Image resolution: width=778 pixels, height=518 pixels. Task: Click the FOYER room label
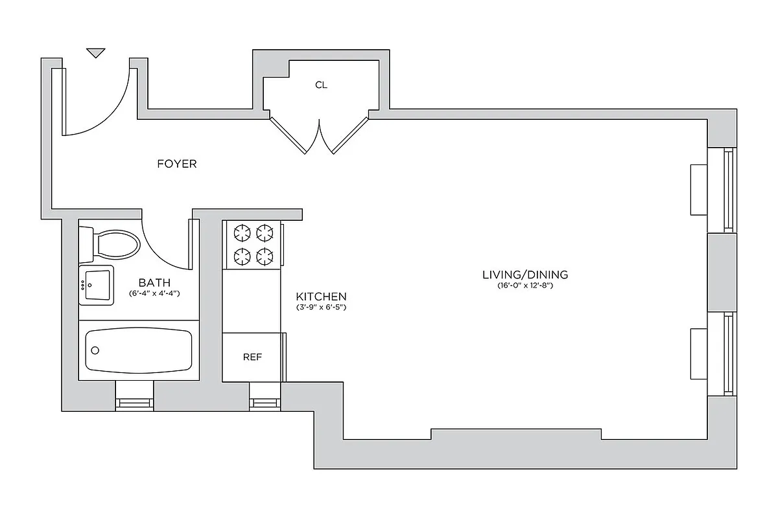click(x=176, y=164)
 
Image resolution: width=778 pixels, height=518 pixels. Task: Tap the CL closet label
click(x=321, y=85)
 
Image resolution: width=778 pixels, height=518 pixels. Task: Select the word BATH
click(x=154, y=282)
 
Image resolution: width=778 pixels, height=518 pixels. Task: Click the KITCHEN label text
click(x=321, y=297)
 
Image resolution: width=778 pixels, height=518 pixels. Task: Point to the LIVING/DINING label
click(x=525, y=275)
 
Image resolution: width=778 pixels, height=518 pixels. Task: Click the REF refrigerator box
click(x=252, y=357)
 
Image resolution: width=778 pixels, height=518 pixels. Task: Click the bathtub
click(x=139, y=350)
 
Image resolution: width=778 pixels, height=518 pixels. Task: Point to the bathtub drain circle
click(x=95, y=350)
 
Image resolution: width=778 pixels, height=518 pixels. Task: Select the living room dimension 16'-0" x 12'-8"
click(x=525, y=286)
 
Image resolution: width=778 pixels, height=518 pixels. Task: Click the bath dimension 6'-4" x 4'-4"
click(x=154, y=293)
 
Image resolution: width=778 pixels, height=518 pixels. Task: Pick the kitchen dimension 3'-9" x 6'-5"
click(x=321, y=308)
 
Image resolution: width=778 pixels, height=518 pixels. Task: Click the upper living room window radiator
click(x=698, y=189)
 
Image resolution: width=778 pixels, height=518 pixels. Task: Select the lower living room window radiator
click(x=698, y=354)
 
